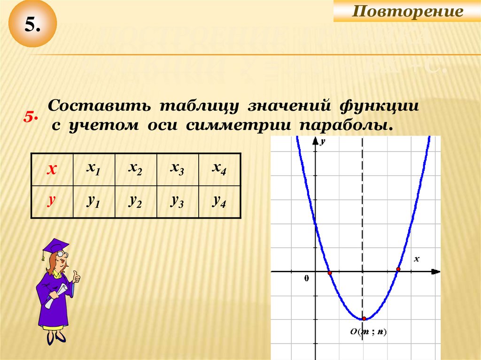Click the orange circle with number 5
click(x=32, y=25)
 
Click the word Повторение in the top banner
click(x=407, y=11)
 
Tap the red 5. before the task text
click(x=31, y=117)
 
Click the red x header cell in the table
click(x=52, y=169)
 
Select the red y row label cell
click(x=52, y=201)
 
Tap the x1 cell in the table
click(x=93, y=169)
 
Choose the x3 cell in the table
click(x=178, y=169)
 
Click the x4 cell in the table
click(x=219, y=169)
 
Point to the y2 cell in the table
click(x=136, y=201)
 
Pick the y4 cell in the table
click(x=219, y=201)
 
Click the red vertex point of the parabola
click(x=364, y=319)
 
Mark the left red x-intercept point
click(x=330, y=273)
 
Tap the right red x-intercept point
click(x=398, y=269)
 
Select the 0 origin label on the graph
click(x=307, y=278)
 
